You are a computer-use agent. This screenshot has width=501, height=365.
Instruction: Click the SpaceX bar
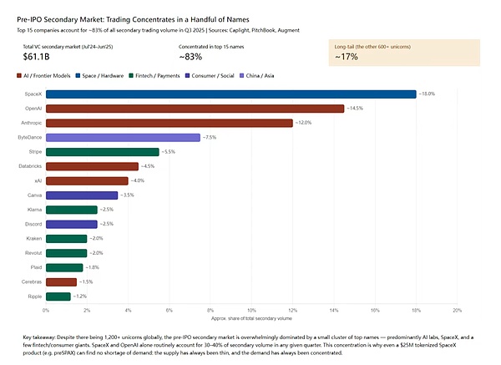[x=230, y=94]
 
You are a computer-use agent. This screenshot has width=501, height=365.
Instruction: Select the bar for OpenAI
[x=195, y=109]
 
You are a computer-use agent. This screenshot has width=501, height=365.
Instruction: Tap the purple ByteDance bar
[x=123, y=137]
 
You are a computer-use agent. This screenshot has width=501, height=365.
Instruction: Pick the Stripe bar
[x=102, y=152]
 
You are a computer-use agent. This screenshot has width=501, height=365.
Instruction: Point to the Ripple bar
[x=58, y=296]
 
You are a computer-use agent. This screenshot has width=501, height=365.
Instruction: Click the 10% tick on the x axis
[x=251, y=310]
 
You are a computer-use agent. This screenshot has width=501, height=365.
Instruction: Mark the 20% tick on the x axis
[x=457, y=310]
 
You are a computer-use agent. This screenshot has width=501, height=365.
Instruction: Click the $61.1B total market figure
[x=37, y=57]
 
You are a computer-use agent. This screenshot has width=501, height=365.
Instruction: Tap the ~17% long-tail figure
[x=347, y=57]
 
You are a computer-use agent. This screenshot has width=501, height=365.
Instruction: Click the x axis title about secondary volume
[x=251, y=318]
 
